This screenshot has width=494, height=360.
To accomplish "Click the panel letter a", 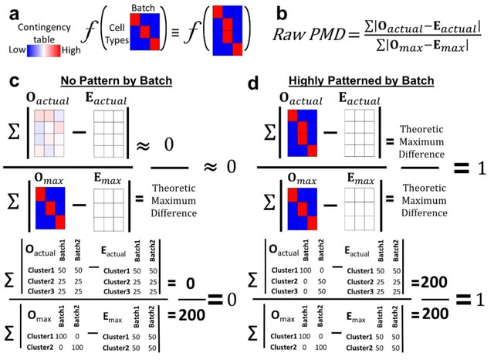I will (x=36, y=13).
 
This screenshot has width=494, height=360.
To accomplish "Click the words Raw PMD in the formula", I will (x=308, y=36).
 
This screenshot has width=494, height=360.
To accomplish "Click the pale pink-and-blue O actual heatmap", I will (x=52, y=128).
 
